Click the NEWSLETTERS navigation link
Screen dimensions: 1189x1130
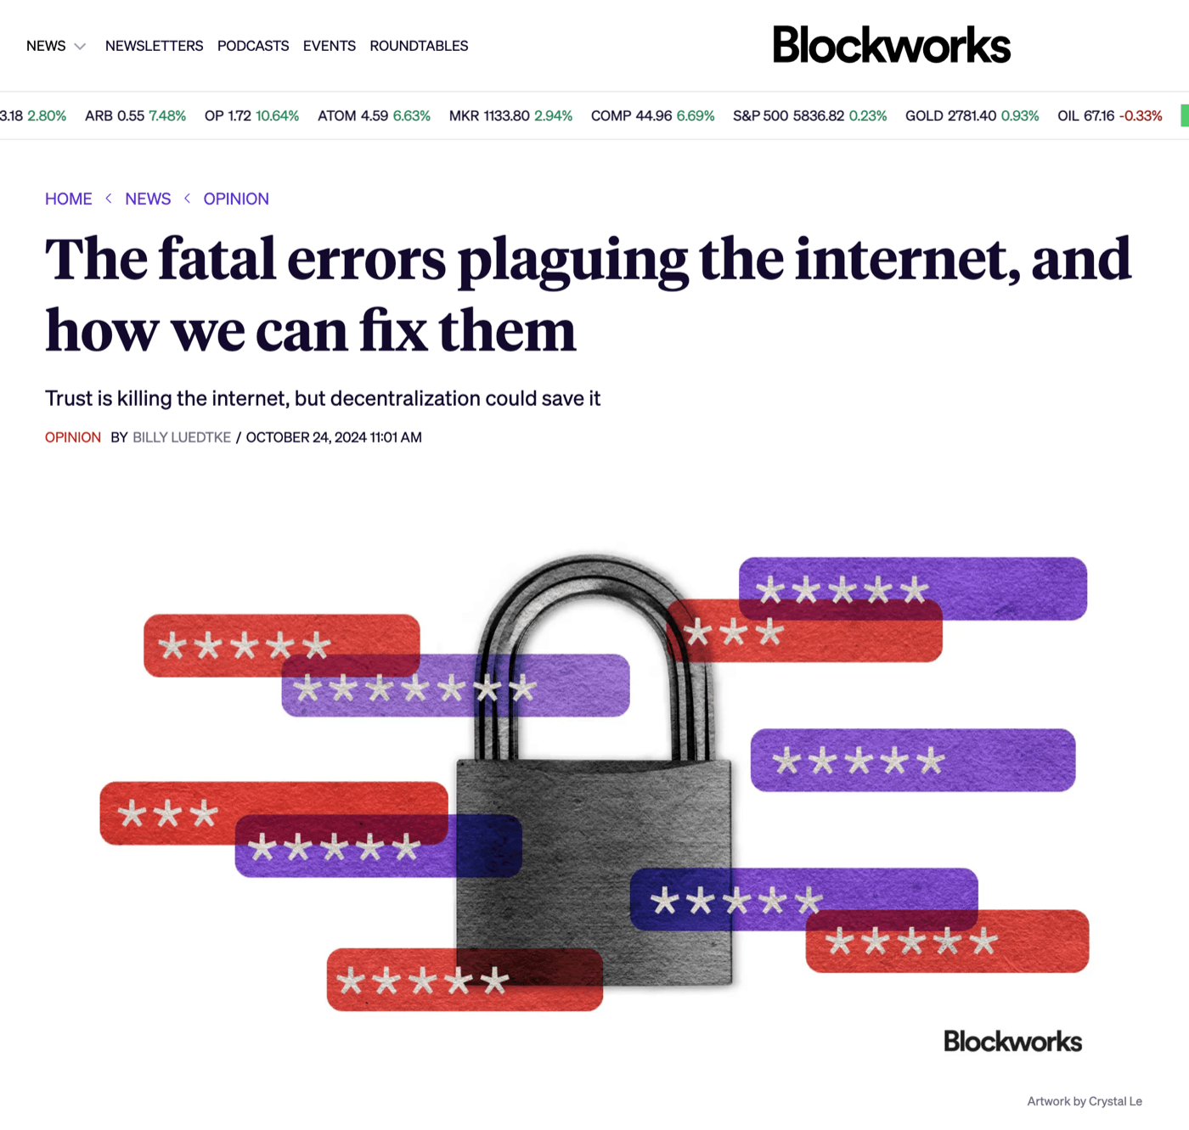pos(155,46)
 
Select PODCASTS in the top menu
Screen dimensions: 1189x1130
pos(253,46)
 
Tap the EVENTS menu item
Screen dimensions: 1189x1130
pos(329,46)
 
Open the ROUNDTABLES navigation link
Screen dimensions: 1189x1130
pos(419,46)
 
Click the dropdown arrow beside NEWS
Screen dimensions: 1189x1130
pos(80,47)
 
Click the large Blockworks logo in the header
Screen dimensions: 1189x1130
pos(892,45)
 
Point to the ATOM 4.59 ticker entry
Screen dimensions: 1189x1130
pos(352,115)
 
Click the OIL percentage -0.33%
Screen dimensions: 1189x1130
pos(1141,115)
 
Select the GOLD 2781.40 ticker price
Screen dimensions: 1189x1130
pos(950,115)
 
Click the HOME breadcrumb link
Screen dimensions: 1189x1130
pos(68,199)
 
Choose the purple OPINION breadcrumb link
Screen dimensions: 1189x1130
pos(236,199)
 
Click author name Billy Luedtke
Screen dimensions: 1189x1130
pos(182,437)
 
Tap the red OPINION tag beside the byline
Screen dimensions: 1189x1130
pos(72,437)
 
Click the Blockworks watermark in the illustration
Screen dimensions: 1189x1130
pos(1013,1041)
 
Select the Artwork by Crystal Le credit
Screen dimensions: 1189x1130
pos(1085,1101)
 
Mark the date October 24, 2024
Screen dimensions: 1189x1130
pos(306,437)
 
